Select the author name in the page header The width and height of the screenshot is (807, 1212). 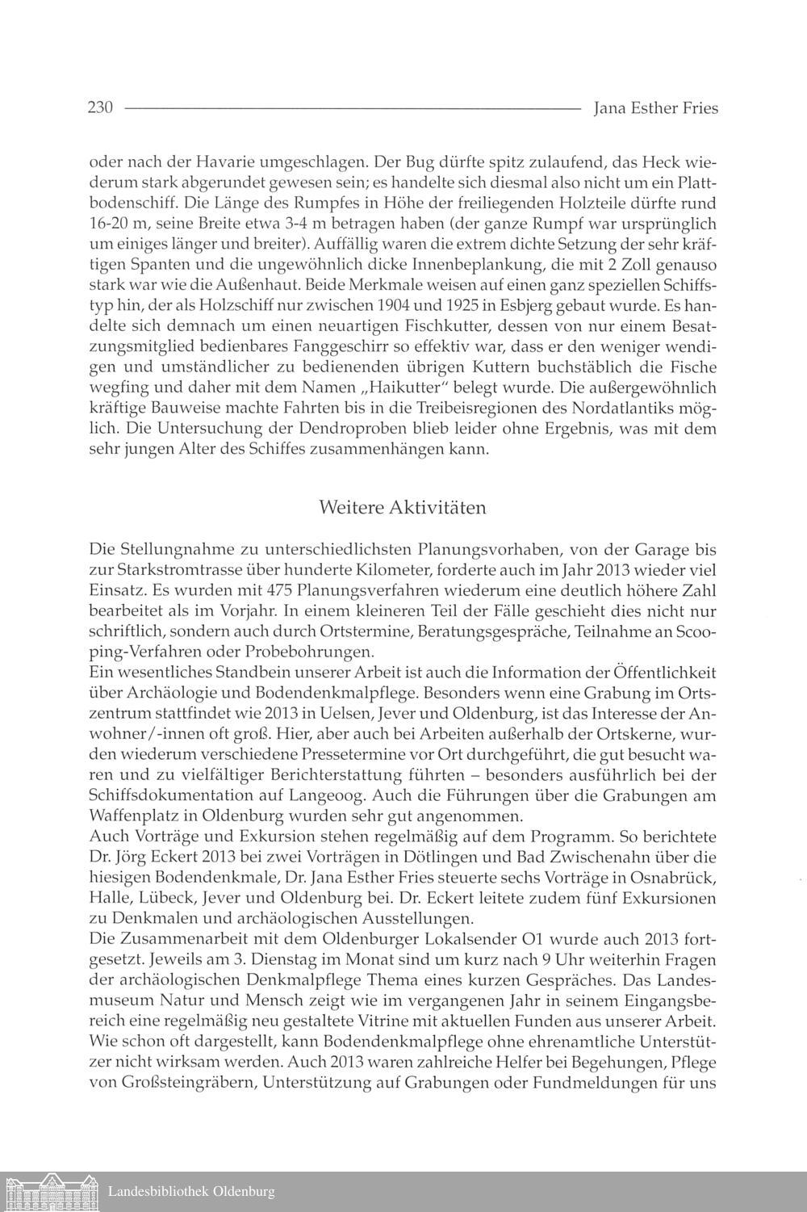(x=654, y=107)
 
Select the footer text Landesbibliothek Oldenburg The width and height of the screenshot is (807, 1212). (x=191, y=1192)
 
